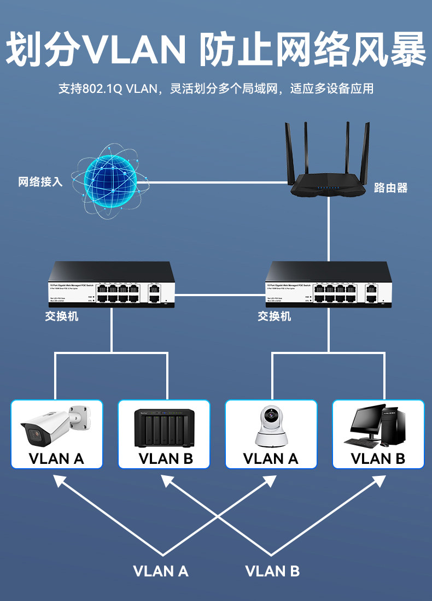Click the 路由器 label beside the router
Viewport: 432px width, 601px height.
(390, 188)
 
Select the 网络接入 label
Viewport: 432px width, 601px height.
(40, 182)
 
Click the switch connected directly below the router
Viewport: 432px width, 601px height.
(328, 284)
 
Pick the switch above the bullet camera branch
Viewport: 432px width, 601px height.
(111, 284)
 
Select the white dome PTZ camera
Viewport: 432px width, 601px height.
(271, 426)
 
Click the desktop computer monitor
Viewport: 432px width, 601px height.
(365, 424)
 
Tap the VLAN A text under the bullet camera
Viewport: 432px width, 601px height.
(56, 458)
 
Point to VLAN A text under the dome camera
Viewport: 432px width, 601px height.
(271, 458)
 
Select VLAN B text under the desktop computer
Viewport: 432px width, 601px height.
(378, 458)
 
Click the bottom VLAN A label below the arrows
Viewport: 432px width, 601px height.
(161, 571)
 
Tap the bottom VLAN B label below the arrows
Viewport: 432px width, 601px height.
(272, 571)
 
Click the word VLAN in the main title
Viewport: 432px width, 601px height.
(136, 50)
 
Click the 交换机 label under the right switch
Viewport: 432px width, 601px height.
(275, 316)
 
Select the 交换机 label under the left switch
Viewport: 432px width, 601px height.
(61, 316)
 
